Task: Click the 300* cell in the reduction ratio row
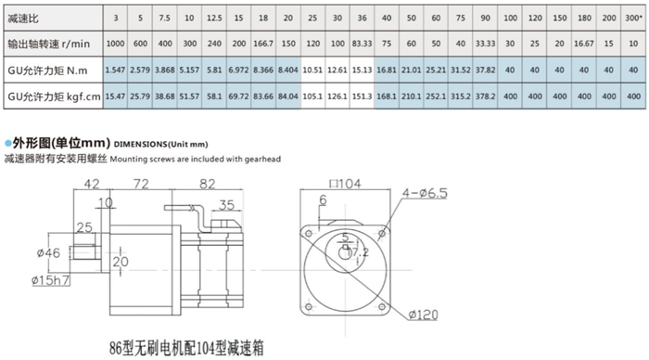pyautogui.click(x=631, y=19)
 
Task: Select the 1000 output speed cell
pyautogui.click(x=115, y=45)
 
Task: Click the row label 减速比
pyautogui.click(x=21, y=19)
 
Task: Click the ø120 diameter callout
pyautogui.click(x=422, y=315)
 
